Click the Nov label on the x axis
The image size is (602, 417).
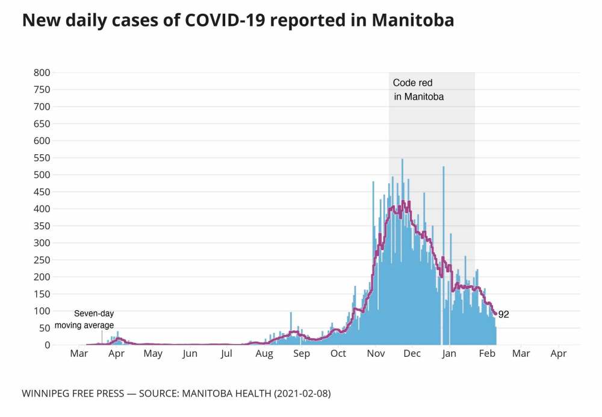pyautogui.click(x=376, y=354)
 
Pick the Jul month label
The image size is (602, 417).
pyautogui.click(x=226, y=354)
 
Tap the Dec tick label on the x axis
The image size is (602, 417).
pyautogui.click(x=412, y=354)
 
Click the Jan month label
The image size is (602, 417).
pyautogui.click(x=449, y=354)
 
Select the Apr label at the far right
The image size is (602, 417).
pyautogui.click(x=559, y=354)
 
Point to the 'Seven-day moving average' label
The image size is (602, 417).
pyautogui.click(x=84, y=319)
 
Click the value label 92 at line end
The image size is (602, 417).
pyautogui.click(x=504, y=314)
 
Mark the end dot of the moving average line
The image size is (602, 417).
pyautogui.click(x=495, y=313)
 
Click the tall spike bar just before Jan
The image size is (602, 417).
pyautogui.click(x=444, y=253)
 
